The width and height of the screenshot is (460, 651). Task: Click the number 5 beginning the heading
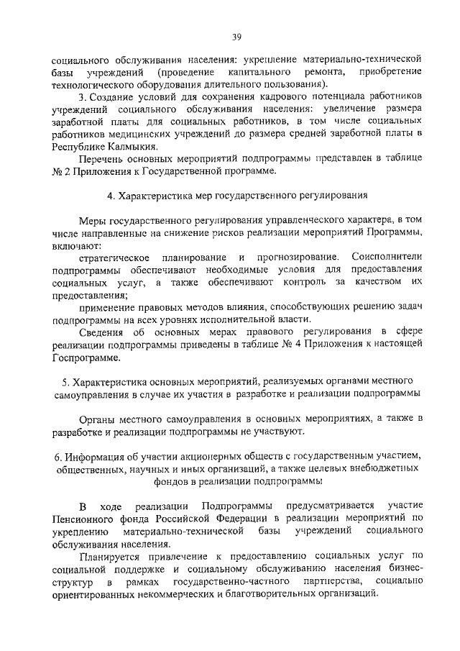pos(65,380)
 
